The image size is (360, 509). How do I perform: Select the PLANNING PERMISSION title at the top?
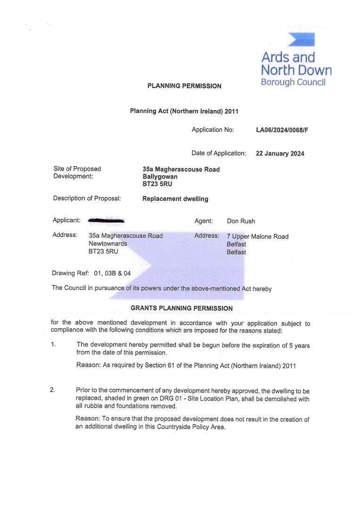(x=184, y=86)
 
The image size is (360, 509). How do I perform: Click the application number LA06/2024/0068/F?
(x=282, y=130)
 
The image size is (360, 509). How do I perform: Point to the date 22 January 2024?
(x=280, y=154)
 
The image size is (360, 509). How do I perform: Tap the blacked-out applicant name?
(x=106, y=220)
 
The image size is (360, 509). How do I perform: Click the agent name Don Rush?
(x=241, y=221)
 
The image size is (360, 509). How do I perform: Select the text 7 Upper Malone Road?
(x=257, y=237)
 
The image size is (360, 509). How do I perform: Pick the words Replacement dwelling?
(x=175, y=199)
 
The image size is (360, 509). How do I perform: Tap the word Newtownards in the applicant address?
(x=107, y=244)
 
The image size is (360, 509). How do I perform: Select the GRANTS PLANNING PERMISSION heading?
(x=181, y=308)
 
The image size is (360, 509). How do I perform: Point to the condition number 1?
(x=53, y=345)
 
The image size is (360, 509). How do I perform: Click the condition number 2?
(x=53, y=390)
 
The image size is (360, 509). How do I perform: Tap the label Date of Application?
(x=219, y=153)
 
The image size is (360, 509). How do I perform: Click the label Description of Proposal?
(x=87, y=198)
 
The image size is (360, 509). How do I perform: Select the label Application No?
(x=213, y=130)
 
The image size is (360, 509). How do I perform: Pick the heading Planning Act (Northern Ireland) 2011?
(x=184, y=111)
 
